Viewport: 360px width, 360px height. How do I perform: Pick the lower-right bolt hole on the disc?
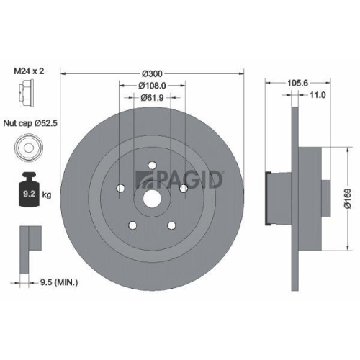tap(171, 225)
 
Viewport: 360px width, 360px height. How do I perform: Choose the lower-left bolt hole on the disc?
tap(132, 225)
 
